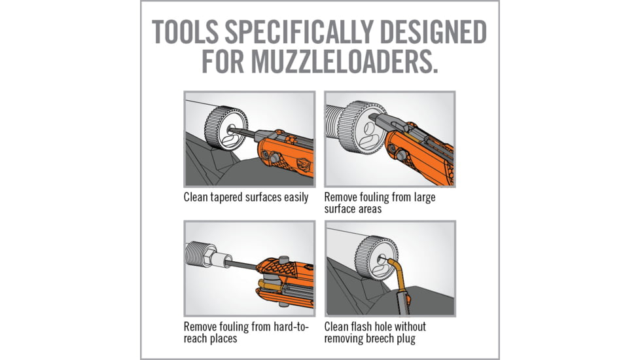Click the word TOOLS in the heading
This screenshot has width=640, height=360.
pos(185,32)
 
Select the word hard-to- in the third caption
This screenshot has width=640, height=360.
pos(291,327)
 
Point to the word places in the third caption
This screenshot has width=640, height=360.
pos(223,339)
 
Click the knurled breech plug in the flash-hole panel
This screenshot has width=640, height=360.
pos(376,259)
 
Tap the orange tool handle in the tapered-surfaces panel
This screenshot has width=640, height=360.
pos(287,154)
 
